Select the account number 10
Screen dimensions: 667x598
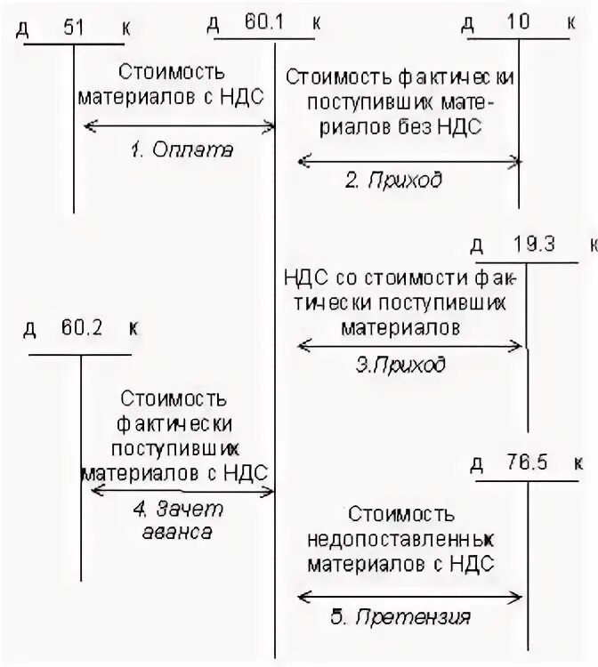518,23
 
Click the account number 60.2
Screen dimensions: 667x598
82,327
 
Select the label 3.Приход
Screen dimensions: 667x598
401,365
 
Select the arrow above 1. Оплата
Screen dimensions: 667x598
179,128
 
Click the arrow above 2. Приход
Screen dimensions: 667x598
408,161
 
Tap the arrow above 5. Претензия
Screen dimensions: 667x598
408,595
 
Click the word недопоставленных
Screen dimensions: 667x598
401,539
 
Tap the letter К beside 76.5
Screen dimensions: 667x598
578,462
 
